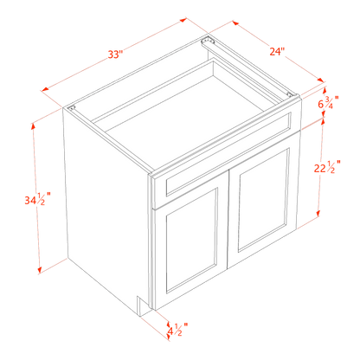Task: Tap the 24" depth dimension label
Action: (x=253, y=50)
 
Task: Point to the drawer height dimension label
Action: (x=326, y=102)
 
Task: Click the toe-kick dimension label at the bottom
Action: (x=176, y=330)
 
